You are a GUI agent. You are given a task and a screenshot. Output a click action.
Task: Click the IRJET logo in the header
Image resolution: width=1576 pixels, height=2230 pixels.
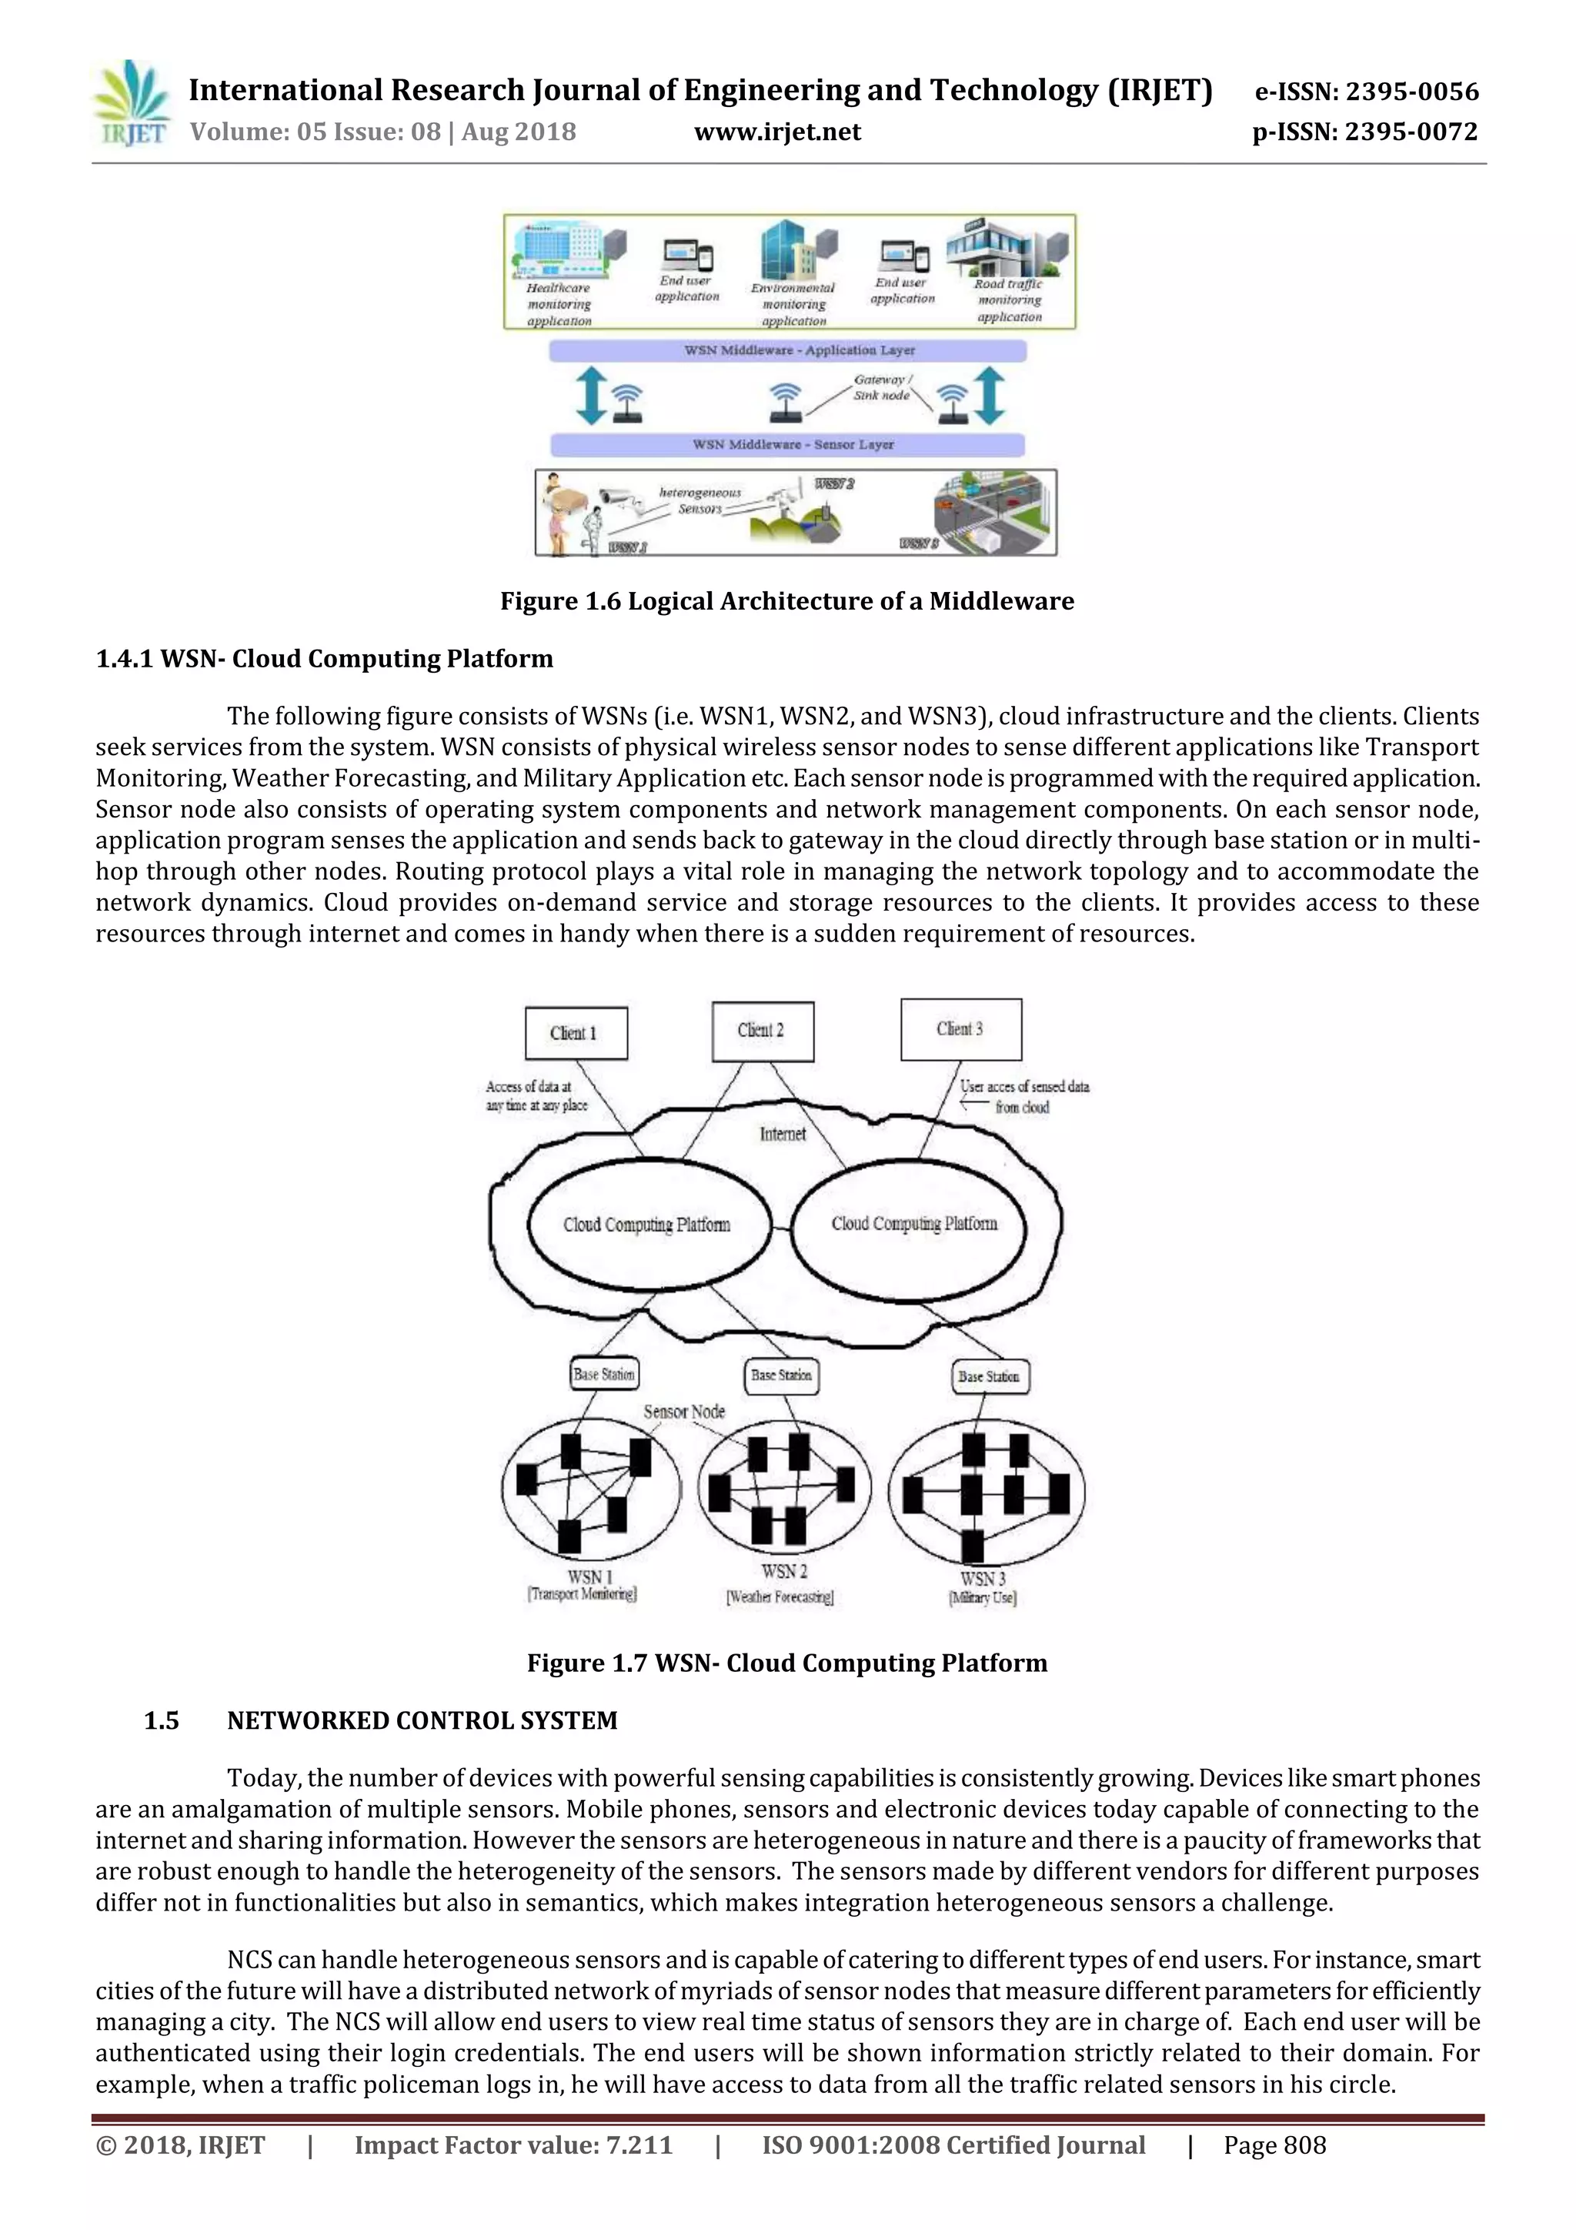click(x=131, y=104)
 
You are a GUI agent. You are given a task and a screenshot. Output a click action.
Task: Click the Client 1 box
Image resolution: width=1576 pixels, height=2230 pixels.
click(x=575, y=1032)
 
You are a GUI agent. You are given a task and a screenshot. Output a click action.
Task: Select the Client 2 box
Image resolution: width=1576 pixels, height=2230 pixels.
click(x=763, y=1031)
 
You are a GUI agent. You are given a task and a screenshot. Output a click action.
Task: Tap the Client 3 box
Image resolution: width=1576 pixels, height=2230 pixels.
click(x=960, y=1028)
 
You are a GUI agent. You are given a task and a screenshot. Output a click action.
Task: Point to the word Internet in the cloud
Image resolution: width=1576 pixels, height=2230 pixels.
click(x=783, y=1133)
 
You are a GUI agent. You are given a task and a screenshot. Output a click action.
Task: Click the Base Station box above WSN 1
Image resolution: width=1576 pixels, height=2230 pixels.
click(x=604, y=1374)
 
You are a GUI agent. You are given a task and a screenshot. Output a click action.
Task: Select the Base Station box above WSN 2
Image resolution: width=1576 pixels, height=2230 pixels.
click(x=782, y=1376)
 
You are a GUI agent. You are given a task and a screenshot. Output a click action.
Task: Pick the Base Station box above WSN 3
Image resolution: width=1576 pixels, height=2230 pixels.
click(x=989, y=1376)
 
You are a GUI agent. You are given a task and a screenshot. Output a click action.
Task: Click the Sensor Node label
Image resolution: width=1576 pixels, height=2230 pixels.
click(x=683, y=1411)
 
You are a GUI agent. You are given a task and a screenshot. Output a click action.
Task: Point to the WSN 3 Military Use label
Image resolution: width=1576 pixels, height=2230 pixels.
click(x=983, y=1588)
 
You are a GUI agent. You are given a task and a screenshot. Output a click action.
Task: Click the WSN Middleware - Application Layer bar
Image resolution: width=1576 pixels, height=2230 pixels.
click(x=786, y=349)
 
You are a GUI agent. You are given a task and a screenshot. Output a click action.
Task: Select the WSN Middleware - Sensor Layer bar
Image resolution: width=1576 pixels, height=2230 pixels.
click(x=787, y=444)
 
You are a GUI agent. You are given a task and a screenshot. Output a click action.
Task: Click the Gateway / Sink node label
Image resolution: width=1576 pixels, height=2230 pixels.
click(x=882, y=387)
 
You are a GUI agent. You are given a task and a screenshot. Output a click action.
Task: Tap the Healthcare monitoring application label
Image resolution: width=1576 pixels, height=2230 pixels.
click(x=559, y=304)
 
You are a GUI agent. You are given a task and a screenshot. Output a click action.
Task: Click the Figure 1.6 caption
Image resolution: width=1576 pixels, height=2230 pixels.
click(x=786, y=601)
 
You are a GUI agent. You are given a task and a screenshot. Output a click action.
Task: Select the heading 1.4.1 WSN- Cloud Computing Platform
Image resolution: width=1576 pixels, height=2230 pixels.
click(x=324, y=658)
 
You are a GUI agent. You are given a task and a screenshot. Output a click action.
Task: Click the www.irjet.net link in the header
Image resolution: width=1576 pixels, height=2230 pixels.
click(x=776, y=132)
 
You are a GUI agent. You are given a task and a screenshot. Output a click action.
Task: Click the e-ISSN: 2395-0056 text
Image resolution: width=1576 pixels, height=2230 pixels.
click(x=1366, y=92)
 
